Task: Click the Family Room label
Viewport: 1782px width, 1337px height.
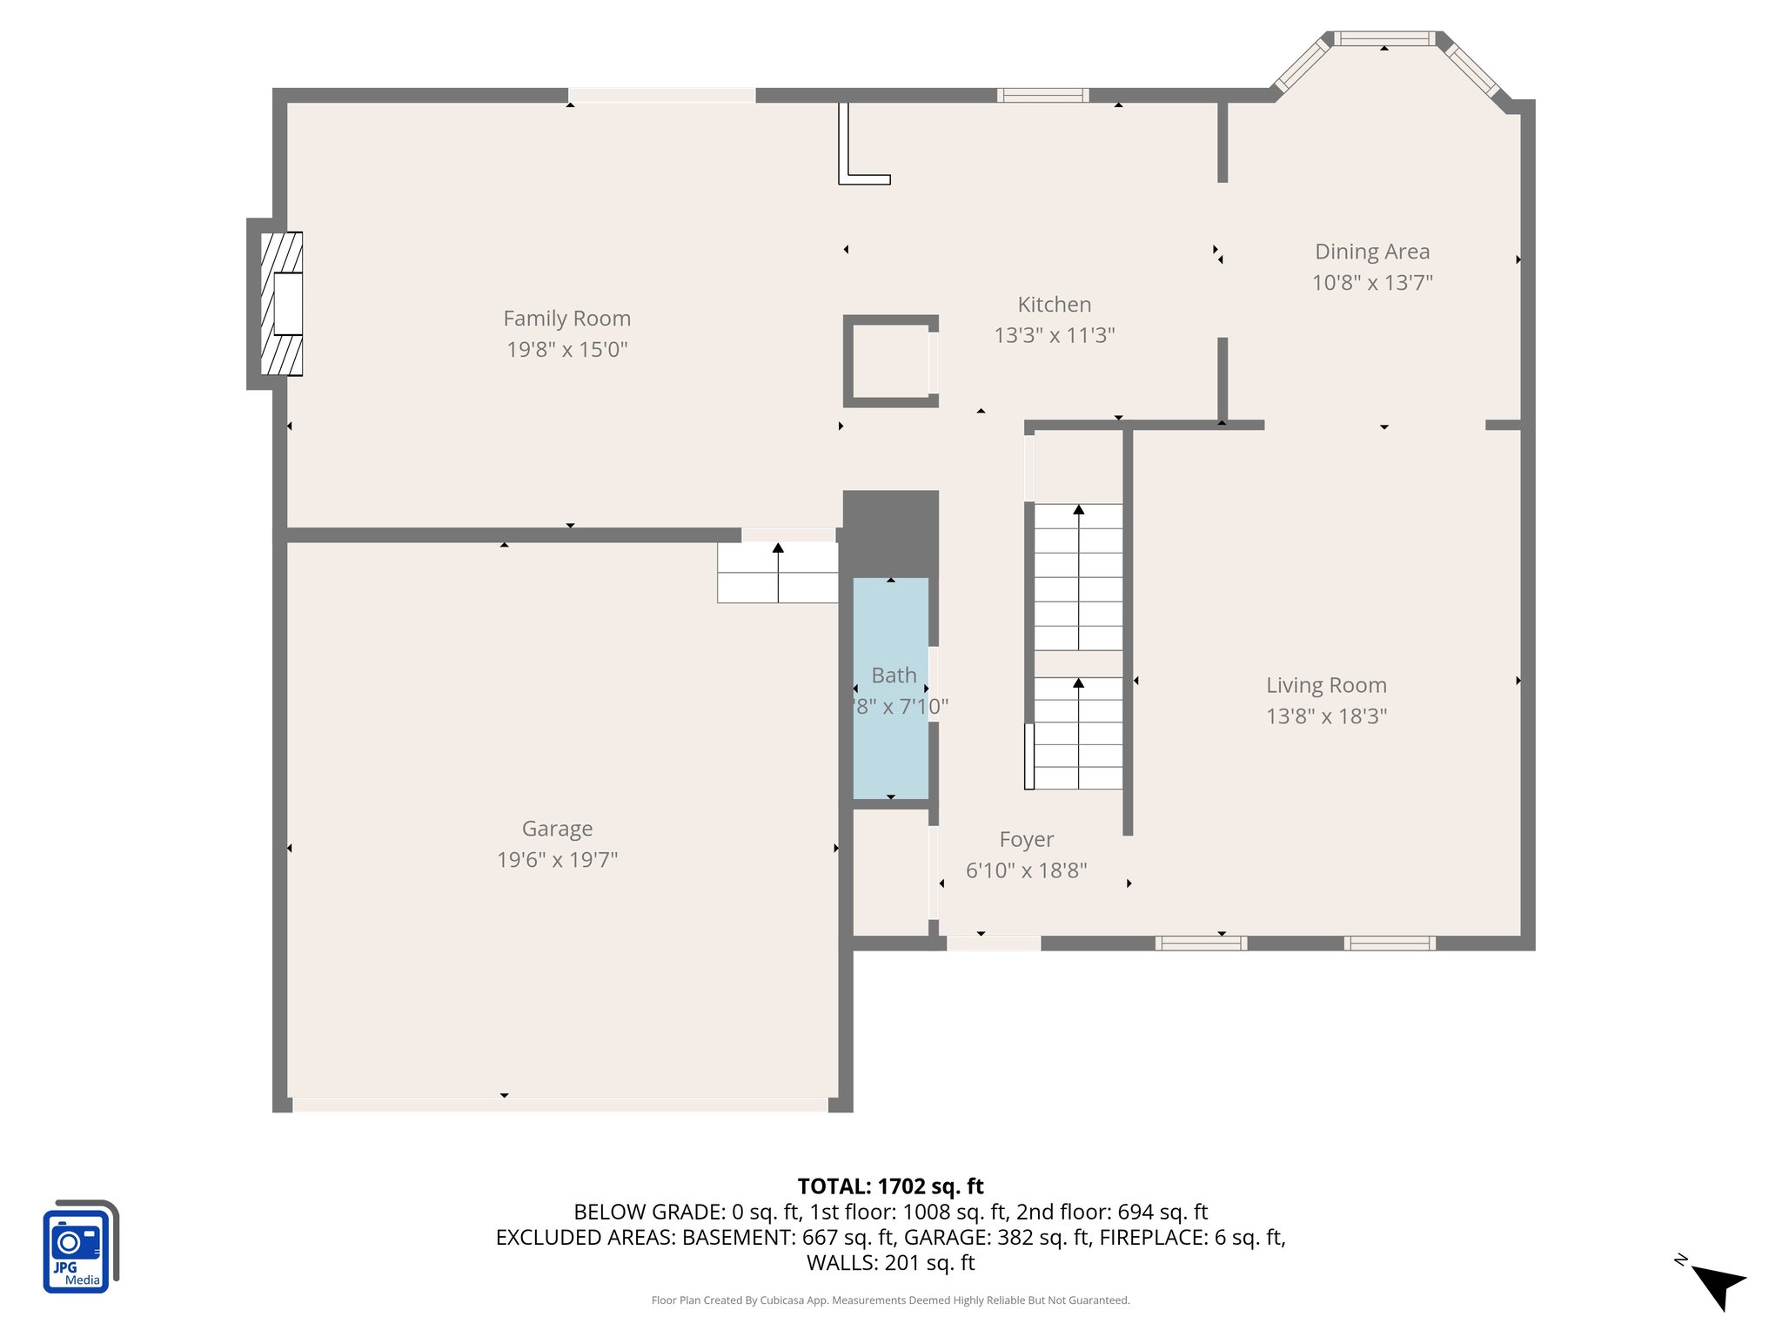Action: (x=566, y=319)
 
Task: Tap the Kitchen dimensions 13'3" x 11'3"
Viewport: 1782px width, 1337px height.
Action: (x=1054, y=335)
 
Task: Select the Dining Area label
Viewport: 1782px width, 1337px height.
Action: (x=1371, y=252)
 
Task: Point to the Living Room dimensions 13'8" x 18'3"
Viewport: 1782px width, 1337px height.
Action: (x=1326, y=716)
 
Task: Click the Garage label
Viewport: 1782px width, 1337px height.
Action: (x=557, y=829)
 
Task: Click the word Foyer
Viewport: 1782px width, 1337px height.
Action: (x=1026, y=839)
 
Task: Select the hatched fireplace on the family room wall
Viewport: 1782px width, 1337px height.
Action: (x=282, y=303)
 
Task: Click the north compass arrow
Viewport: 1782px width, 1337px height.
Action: (x=1718, y=1287)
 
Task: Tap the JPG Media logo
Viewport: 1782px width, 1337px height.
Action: (x=78, y=1247)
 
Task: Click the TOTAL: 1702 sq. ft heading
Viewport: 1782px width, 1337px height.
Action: (x=890, y=1186)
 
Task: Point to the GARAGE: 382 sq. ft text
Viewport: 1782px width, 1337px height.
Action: (x=996, y=1237)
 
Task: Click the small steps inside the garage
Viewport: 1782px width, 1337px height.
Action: (x=777, y=573)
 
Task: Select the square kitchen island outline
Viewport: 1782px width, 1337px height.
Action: (x=890, y=361)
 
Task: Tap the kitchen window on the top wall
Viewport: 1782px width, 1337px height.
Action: (x=1042, y=96)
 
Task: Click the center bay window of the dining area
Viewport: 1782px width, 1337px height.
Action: (x=1383, y=38)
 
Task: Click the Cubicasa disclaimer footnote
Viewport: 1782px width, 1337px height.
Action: (x=890, y=1300)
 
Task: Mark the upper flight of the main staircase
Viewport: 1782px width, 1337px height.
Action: (x=1078, y=576)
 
